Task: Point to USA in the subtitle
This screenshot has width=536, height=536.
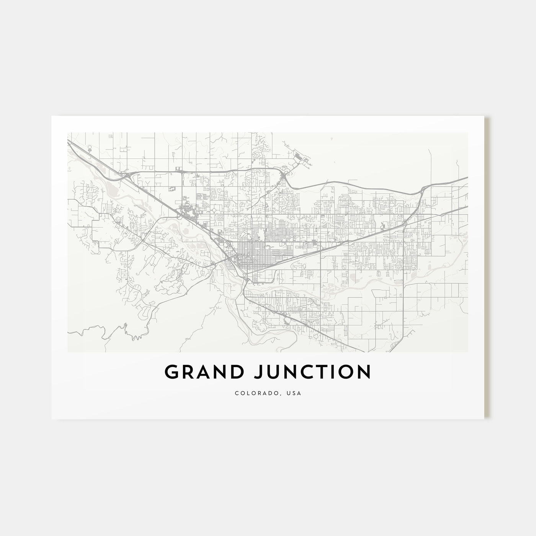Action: click(x=294, y=393)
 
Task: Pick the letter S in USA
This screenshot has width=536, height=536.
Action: click(x=294, y=393)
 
